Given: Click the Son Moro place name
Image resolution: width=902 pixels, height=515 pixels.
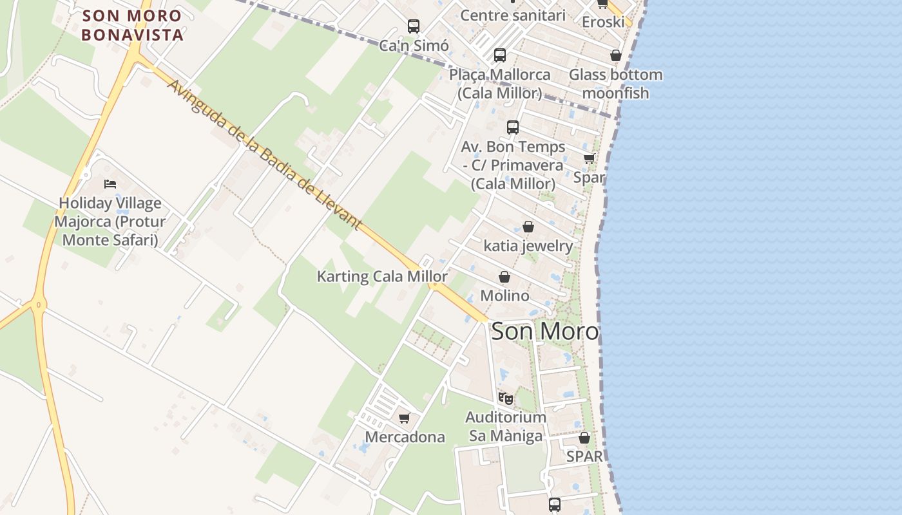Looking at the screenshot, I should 545,331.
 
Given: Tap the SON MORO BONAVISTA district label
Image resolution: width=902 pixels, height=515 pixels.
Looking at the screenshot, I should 133,24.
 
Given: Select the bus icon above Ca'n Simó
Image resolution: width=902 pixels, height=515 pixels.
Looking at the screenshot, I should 414,26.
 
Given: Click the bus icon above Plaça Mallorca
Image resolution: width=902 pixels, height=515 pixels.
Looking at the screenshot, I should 500,55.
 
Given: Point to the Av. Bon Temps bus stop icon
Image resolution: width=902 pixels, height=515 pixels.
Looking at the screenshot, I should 513,127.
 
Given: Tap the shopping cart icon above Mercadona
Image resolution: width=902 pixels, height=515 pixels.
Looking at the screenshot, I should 405,418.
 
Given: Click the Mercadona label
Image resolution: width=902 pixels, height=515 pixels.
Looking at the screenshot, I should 405,437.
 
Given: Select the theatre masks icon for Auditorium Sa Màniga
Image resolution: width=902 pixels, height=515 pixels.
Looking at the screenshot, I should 506,399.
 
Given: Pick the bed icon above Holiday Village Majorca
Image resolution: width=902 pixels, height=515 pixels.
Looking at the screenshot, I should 110,184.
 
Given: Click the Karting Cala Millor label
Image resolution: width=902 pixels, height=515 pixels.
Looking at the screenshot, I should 382,277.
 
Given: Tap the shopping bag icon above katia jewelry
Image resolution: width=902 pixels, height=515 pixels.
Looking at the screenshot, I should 528,227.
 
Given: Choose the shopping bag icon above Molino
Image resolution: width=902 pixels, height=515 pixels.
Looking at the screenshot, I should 504,277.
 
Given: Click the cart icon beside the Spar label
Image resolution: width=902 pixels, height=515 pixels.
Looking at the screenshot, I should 589,159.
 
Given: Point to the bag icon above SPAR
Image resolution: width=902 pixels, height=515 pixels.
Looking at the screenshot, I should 584,438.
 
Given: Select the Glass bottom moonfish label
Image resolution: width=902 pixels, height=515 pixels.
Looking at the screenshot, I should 615,84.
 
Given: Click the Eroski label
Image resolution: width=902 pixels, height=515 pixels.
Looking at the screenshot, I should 603,22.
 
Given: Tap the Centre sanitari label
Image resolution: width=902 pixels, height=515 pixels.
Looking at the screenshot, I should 513,15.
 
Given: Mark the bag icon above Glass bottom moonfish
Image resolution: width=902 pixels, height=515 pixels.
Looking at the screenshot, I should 616,56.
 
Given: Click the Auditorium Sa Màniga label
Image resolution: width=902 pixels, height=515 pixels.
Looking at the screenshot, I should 506,426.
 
